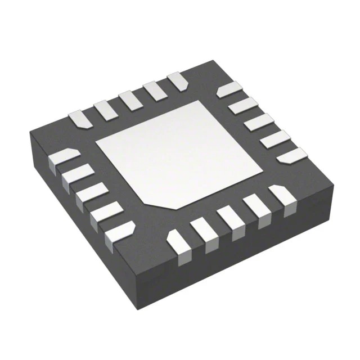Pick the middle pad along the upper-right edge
[x=259, y=121]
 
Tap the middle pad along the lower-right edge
[x=229, y=220]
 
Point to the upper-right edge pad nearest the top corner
[x=229, y=89]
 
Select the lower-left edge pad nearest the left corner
[x=63, y=158]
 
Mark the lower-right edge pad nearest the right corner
[x=281, y=197]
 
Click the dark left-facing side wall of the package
[x=79, y=225]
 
